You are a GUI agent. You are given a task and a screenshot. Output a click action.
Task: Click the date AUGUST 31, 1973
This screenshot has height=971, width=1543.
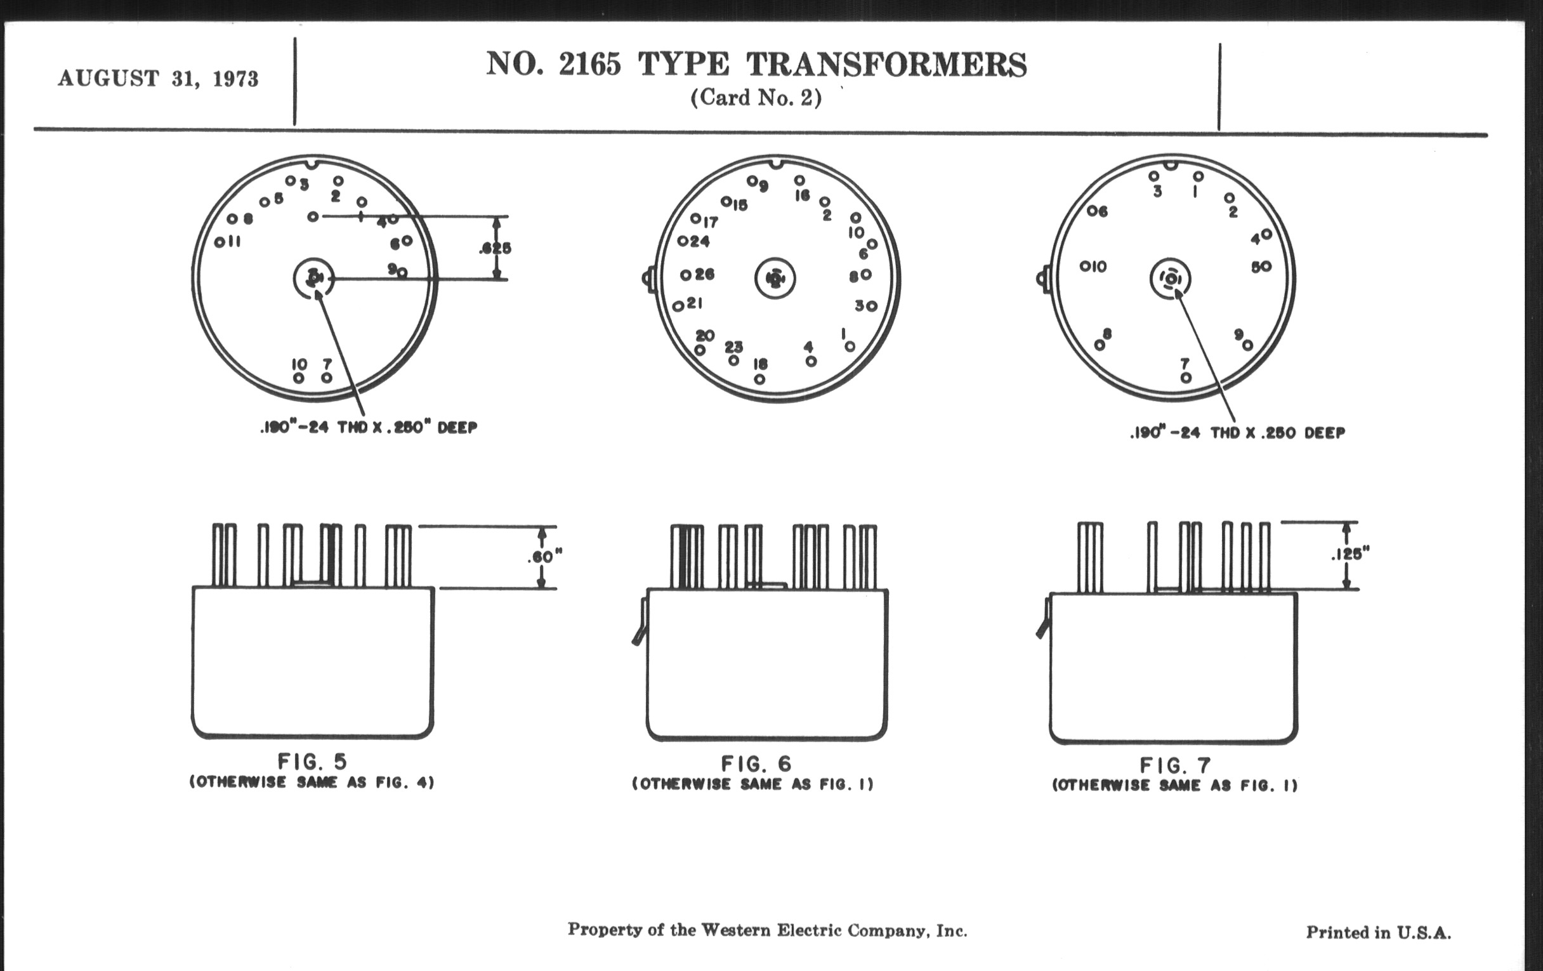point(158,79)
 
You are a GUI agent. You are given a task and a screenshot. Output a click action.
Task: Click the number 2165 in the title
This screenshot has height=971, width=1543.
point(589,64)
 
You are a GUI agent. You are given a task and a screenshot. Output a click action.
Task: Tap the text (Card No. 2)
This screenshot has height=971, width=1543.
point(756,98)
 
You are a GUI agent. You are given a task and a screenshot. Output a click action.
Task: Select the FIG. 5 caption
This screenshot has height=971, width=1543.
point(312,762)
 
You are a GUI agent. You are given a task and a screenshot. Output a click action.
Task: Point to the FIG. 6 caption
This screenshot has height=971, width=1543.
point(756,763)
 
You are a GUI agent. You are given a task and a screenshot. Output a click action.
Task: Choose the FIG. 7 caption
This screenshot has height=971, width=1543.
point(1175,765)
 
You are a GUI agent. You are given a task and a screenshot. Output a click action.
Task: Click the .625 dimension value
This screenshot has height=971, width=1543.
point(496,248)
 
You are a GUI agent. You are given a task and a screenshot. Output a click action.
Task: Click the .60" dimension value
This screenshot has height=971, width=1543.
point(544,557)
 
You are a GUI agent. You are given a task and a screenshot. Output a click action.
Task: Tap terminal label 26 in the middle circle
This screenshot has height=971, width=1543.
point(704,274)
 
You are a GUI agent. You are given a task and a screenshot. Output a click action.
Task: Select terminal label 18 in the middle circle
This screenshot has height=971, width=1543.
point(760,364)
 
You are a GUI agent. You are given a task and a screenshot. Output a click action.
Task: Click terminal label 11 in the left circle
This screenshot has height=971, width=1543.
point(234,242)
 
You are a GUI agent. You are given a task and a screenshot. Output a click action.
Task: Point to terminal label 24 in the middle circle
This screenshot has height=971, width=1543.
point(700,242)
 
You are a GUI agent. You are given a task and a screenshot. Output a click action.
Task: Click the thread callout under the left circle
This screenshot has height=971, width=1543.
point(369,428)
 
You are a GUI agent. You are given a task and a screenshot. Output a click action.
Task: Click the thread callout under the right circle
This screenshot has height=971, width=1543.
point(1237,433)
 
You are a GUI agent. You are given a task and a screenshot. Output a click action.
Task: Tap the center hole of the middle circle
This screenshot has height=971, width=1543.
point(775,279)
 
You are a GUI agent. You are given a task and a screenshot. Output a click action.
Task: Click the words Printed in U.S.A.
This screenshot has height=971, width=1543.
point(1378,932)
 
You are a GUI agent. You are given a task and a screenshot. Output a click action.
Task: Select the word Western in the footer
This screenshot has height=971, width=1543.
point(736,930)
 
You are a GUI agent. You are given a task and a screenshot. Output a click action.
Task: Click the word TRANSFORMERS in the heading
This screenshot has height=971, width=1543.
point(886,65)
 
